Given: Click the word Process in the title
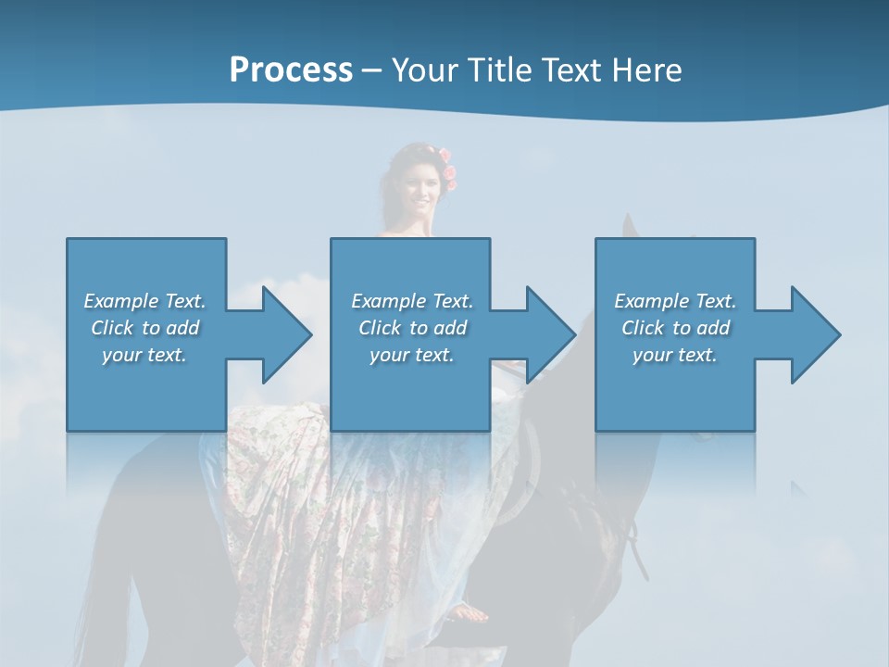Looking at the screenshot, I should [x=291, y=70].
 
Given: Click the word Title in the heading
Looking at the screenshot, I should [x=496, y=70].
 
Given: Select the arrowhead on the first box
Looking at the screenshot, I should [x=285, y=334].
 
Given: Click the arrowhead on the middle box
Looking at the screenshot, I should [x=549, y=334].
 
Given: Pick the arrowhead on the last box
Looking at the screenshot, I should [x=814, y=334].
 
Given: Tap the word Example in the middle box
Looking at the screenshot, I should [x=387, y=301].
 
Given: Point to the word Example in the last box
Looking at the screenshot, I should [x=650, y=301].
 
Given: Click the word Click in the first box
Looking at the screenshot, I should [x=113, y=328].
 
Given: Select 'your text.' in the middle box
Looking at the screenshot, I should [x=412, y=355].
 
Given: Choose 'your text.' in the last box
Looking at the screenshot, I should [x=675, y=355].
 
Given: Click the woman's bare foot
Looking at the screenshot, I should [x=470, y=612].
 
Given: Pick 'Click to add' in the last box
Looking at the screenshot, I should [x=675, y=328].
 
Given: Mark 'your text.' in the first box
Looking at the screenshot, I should [x=144, y=355].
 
